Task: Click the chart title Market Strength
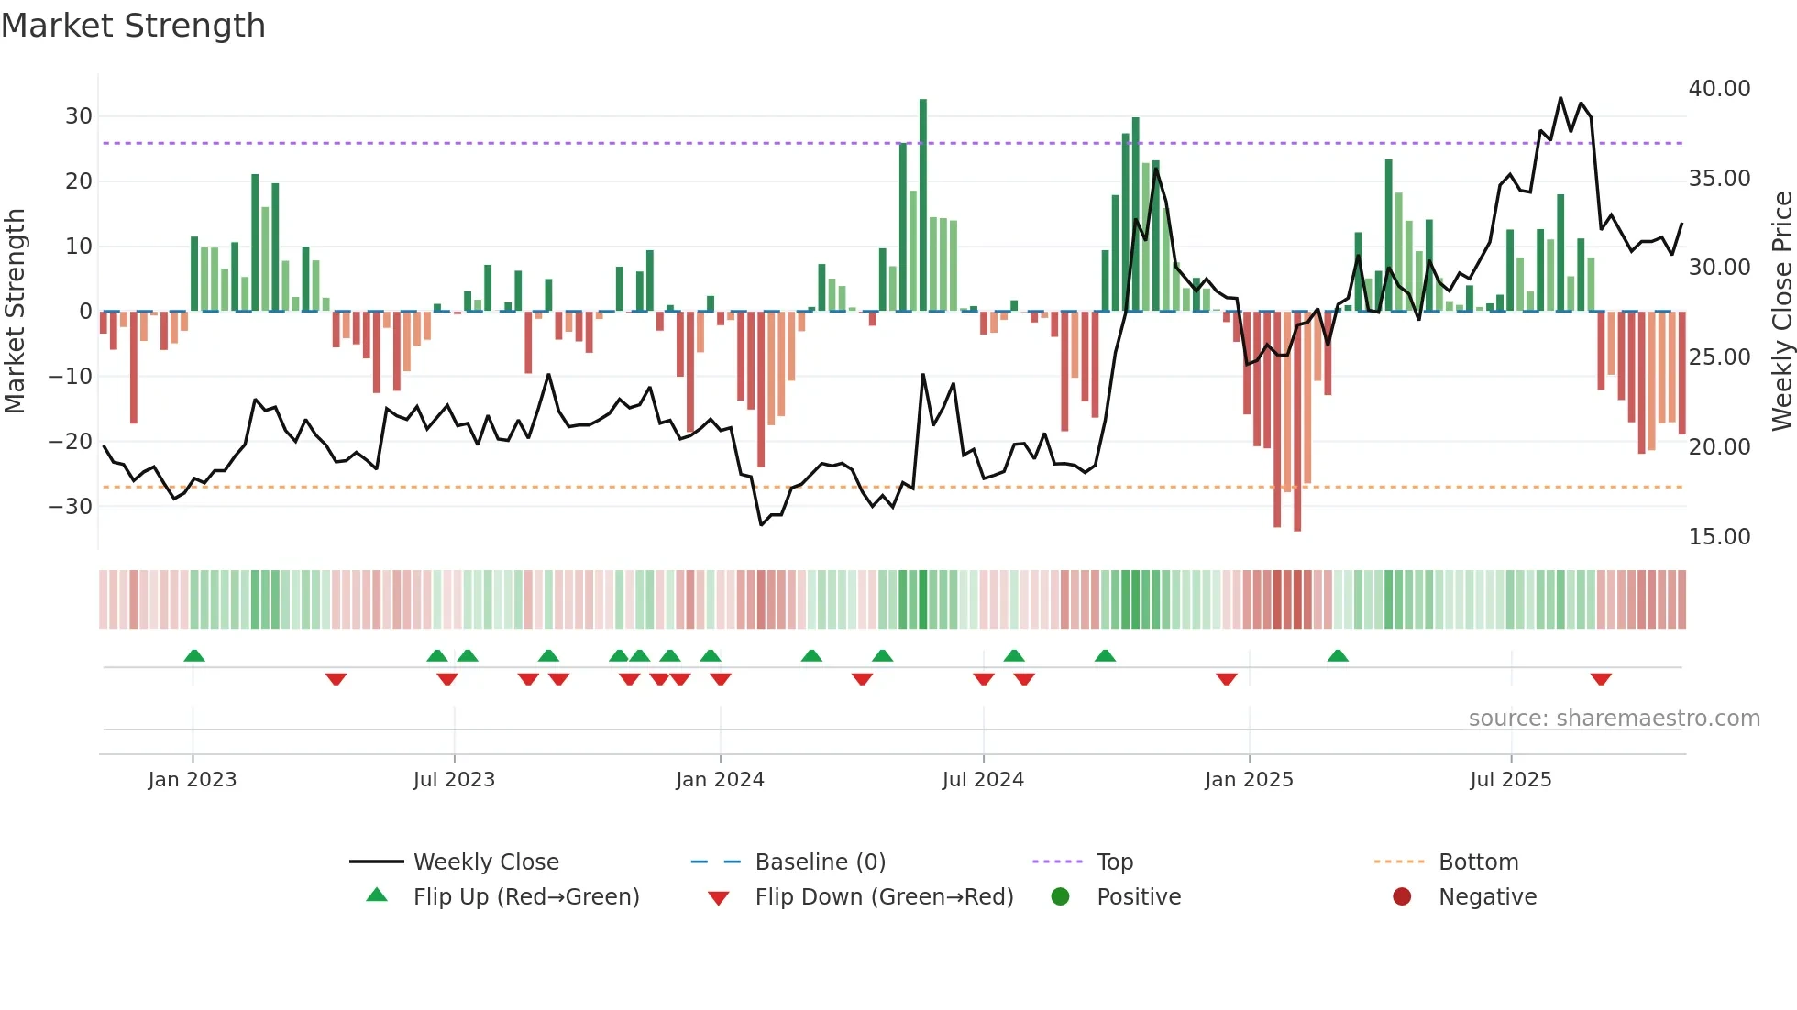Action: click(133, 26)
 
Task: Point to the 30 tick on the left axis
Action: click(79, 116)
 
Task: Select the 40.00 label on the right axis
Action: click(1719, 89)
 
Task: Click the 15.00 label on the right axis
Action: click(1719, 536)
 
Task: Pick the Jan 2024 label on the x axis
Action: click(720, 780)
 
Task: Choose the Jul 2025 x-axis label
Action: click(1510, 780)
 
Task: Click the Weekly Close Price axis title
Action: click(1781, 311)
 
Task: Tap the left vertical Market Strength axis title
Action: click(15, 311)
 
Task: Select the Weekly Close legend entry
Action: click(485, 862)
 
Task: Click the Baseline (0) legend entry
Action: click(820, 862)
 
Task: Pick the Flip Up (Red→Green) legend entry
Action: click(525, 897)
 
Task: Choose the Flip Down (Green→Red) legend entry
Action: click(884, 897)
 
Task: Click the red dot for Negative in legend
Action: click(1401, 896)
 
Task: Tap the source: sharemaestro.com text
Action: click(1614, 719)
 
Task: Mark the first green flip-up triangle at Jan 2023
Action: click(194, 655)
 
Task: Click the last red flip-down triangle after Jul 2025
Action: click(1601, 679)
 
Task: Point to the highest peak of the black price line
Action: click(1560, 98)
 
